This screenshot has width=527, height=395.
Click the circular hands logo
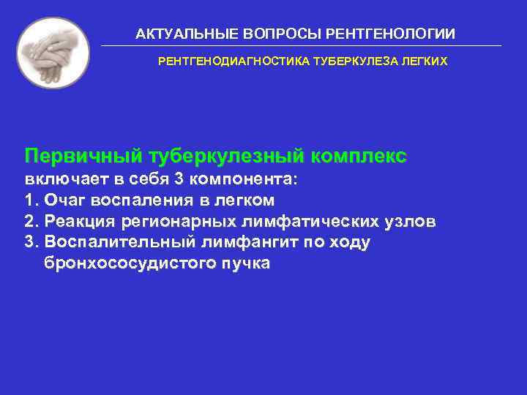pyautogui.click(x=53, y=53)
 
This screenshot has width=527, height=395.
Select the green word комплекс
pyautogui.click(x=359, y=157)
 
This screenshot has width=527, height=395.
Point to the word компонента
pyautogui.click(x=245, y=179)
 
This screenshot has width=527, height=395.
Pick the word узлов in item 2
pyautogui.click(x=414, y=221)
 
